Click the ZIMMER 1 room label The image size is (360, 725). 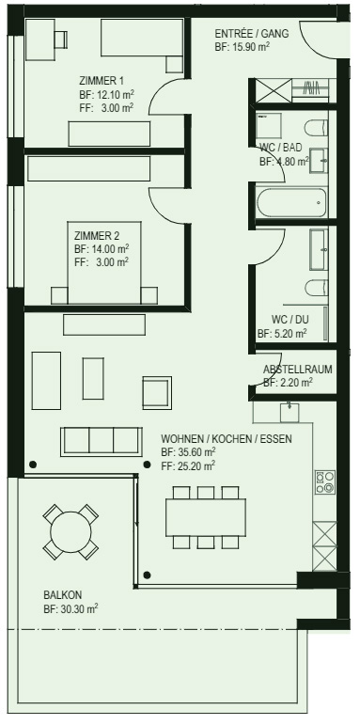pos(102,81)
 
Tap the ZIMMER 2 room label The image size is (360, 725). pos(97,236)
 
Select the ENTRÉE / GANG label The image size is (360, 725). pos(252,34)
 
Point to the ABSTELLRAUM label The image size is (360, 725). pos(298,370)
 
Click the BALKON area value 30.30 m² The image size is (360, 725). pos(78,609)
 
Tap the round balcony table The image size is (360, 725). pos(70,531)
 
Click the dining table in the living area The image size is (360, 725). pos(206,517)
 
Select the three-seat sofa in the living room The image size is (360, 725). pos(102,442)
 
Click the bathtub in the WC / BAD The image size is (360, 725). pos(291,202)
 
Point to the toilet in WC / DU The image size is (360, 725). pos(317,288)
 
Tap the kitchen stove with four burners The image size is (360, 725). pos(325,482)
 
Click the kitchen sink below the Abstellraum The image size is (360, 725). pos(290,413)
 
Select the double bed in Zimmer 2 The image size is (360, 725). pos(104,262)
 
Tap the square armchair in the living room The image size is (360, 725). pos(157,392)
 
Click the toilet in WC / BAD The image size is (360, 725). pos(317,128)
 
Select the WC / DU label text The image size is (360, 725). pos(290,320)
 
